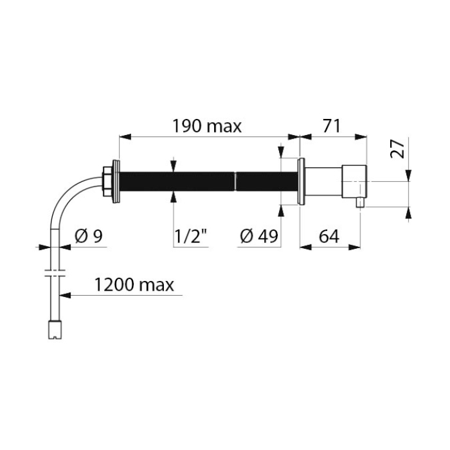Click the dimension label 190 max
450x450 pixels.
pyautogui.click(x=206, y=127)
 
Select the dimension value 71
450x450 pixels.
pyautogui.click(x=332, y=127)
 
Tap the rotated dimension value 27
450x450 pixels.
pyautogui.click(x=397, y=149)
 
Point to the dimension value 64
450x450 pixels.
pyautogui.click(x=329, y=237)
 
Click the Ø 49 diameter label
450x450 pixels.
pyautogui.click(x=259, y=237)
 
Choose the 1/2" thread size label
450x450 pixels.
pyautogui.click(x=191, y=237)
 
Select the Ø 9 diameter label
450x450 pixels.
pyautogui.click(x=89, y=237)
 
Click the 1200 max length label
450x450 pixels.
pyautogui.click(x=134, y=285)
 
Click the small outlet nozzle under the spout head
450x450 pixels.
pyautogui.click(x=360, y=203)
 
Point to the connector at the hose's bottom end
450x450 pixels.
pyautogui.click(x=55, y=330)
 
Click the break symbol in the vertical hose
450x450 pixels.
pyautogui.click(x=55, y=273)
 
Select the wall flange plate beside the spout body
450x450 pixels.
pyautogui.click(x=301, y=181)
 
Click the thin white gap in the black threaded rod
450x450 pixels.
pyautogui.click(x=235, y=181)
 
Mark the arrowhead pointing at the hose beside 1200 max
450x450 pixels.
pyautogui.click(x=65, y=295)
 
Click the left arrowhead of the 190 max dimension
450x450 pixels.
pyautogui.click(x=125, y=137)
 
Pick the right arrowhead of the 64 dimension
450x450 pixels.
pyautogui.click(x=354, y=247)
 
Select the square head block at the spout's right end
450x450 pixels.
pyautogui.click(x=354, y=181)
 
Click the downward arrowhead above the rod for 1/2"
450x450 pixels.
pyautogui.click(x=173, y=166)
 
